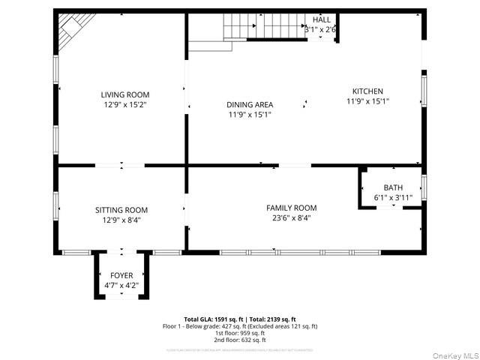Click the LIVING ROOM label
pos(125,94)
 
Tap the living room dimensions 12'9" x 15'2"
pos(125,105)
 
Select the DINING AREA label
pos(250,104)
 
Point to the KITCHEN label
pos(367,91)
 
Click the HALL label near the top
pos(321,19)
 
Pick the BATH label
pos(393,187)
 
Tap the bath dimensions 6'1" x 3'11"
pos(393,197)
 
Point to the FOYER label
pos(121,275)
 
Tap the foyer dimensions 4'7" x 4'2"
pos(121,285)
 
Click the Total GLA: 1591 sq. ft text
pos(214,319)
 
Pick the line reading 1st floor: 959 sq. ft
pos(240,332)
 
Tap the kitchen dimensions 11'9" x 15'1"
pos(367,101)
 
